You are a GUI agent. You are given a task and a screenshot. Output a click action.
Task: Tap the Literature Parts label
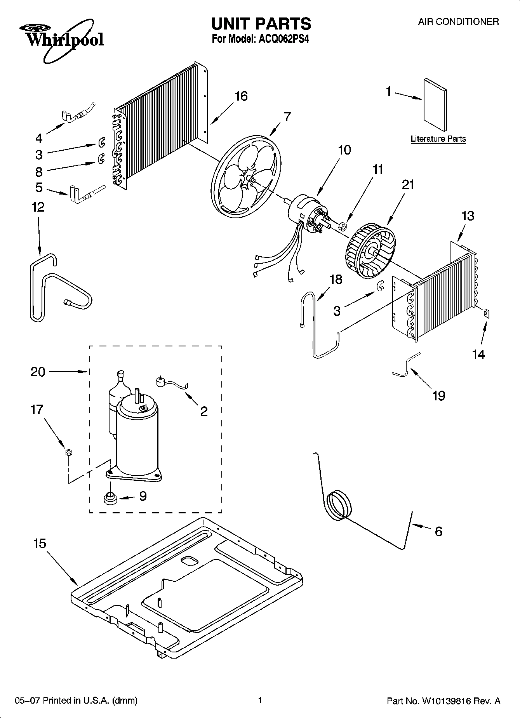coord(438,139)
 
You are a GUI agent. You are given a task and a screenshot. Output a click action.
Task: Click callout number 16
coord(241,96)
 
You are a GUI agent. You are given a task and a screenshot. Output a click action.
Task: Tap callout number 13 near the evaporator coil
coord(468,216)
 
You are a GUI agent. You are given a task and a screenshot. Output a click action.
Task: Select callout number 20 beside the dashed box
coord(38,372)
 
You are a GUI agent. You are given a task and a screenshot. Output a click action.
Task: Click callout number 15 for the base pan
coord(40,543)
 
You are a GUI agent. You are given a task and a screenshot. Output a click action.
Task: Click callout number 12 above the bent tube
coord(38,207)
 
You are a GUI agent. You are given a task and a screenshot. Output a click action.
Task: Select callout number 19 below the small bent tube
coord(439,395)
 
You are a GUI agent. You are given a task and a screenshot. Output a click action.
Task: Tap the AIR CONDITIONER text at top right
coord(458,22)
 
